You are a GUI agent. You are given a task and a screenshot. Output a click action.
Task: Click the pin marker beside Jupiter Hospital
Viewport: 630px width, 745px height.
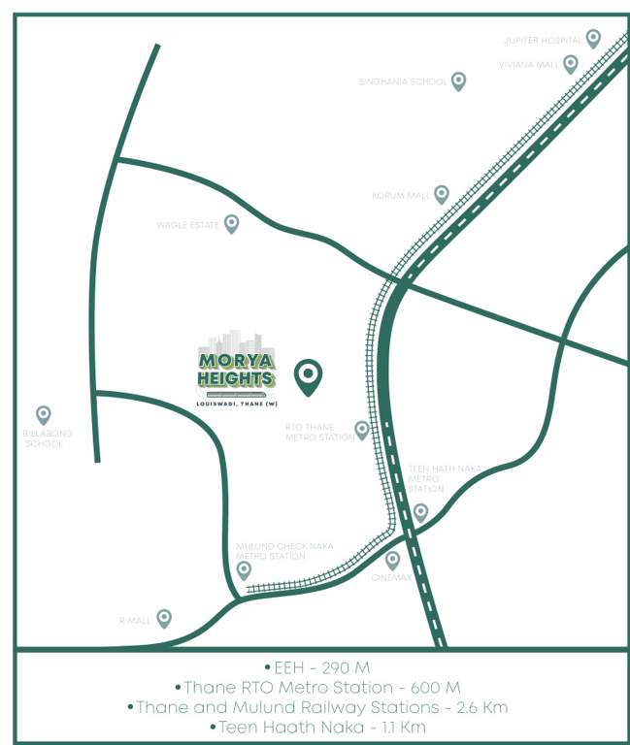point(593,39)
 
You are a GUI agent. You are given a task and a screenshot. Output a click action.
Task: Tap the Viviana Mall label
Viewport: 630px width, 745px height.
point(529,65)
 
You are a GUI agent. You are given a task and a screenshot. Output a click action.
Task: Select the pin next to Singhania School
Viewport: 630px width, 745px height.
point(458,81)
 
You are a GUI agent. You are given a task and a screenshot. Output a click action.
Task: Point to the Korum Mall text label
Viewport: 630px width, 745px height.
point(401,196)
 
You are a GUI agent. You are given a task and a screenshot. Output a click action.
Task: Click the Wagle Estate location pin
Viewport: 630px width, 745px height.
point(231,224)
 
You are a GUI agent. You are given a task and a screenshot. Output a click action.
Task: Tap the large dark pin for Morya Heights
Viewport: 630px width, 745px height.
point(309,376)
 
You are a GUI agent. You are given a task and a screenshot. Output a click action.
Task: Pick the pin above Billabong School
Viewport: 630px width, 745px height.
point(43,415)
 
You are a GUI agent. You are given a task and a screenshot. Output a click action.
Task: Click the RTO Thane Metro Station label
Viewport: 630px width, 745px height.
point(319,432)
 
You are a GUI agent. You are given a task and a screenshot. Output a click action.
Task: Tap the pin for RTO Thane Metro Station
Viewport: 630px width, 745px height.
point(362,430)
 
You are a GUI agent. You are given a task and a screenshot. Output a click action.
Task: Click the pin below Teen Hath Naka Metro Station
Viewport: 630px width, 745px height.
point(420,512)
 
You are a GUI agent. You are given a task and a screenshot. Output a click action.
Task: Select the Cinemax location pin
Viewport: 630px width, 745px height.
point(392,560)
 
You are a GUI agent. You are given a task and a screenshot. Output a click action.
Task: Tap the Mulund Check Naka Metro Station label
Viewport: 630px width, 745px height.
point(284,551)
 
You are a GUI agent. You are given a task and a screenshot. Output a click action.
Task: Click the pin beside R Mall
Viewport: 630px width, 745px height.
point(164,618)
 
